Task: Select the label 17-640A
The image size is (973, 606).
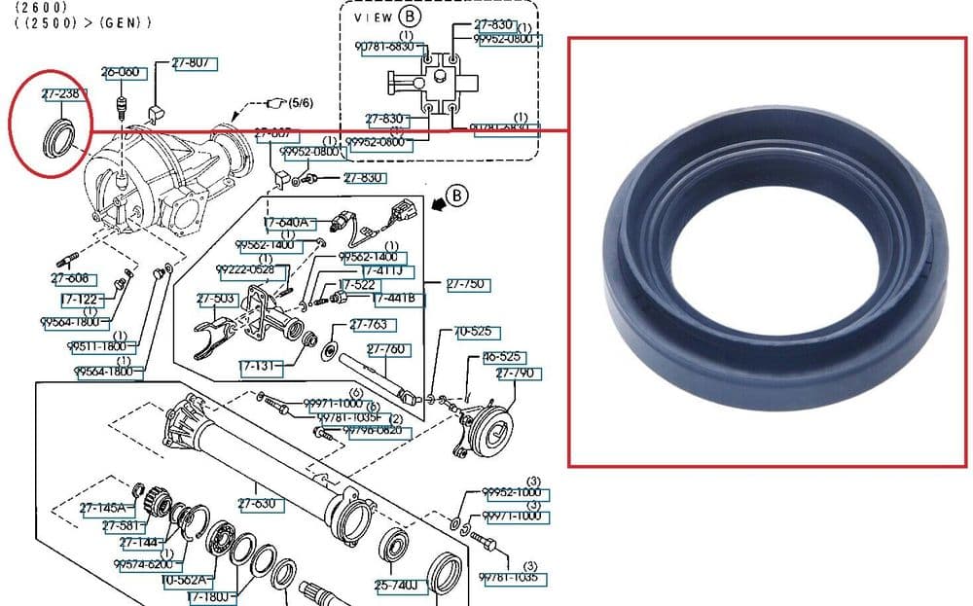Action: click(286, 223)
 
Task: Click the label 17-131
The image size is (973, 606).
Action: click(260, 368)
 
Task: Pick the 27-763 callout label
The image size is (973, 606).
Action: click(369, 325)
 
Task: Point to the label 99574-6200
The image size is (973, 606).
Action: click(143, 564)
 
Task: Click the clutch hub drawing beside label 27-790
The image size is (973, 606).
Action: click(486, 427)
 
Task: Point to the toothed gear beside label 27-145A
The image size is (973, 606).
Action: click(157, 502)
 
